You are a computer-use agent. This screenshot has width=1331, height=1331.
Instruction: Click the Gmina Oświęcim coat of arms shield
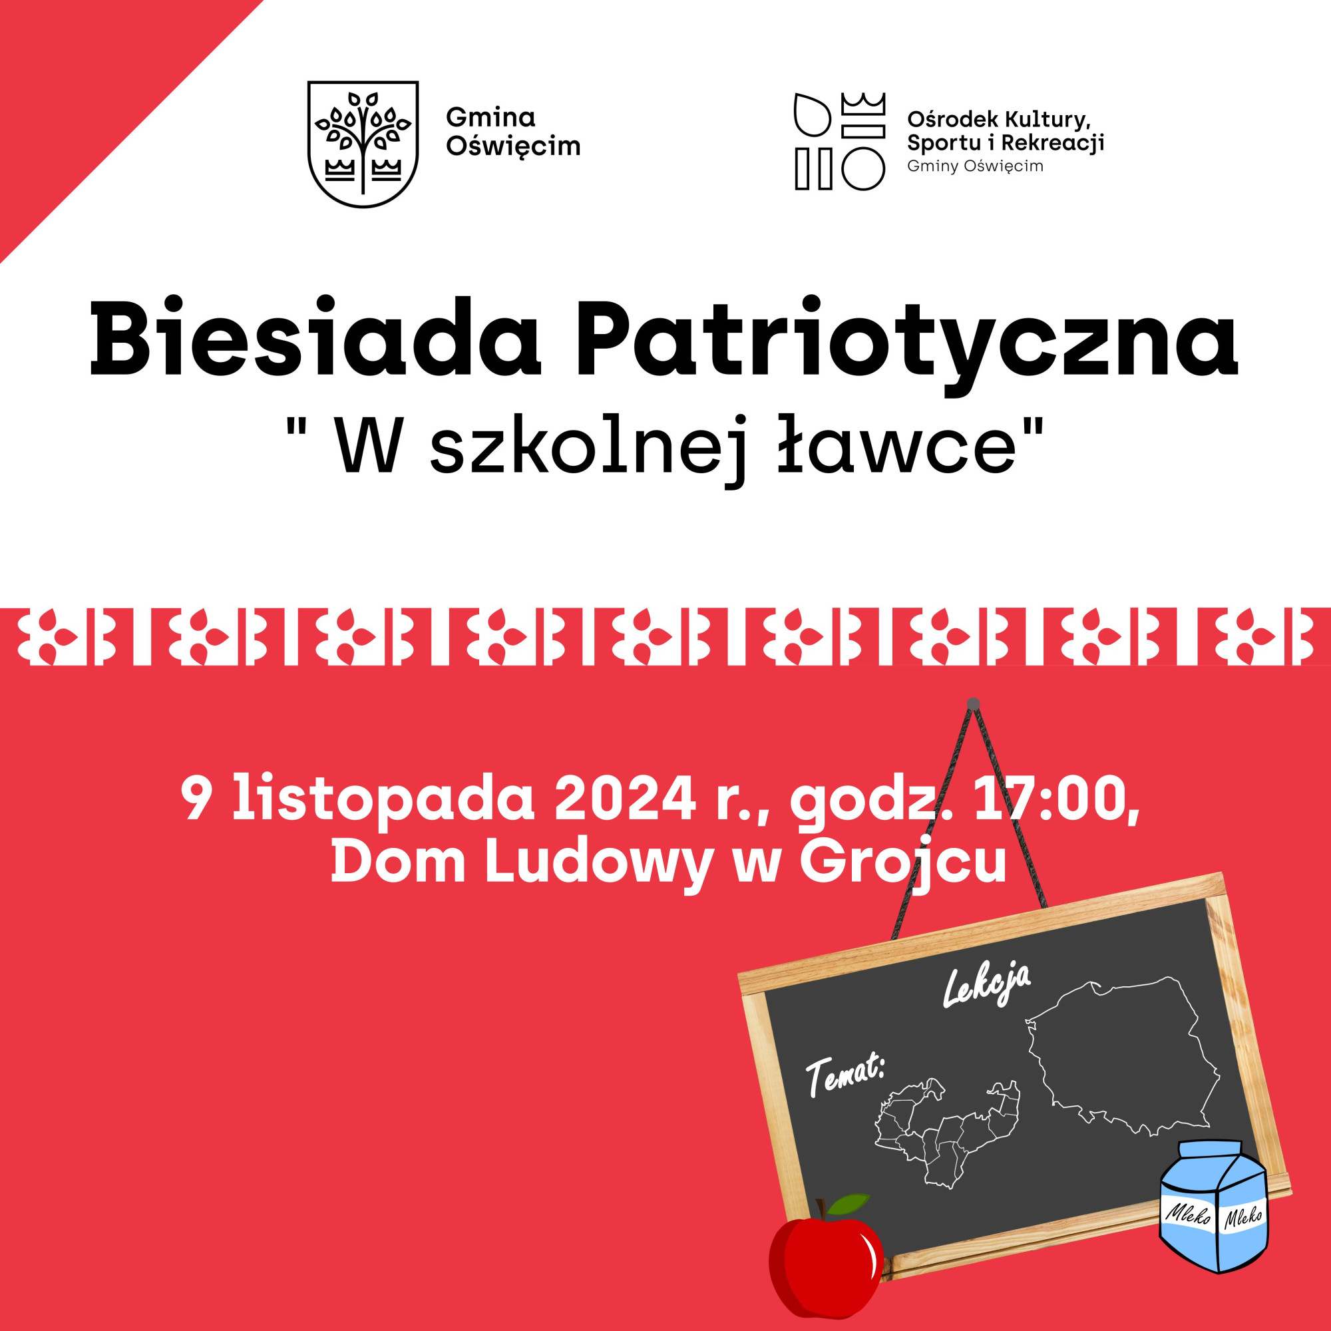(x=363, y=144)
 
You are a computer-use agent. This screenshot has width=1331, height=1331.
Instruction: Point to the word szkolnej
(x=588, y=451)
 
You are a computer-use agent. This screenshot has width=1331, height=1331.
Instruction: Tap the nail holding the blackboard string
(x=973, y=703)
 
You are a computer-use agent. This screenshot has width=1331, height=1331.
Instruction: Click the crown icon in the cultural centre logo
(x=863, y=104)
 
